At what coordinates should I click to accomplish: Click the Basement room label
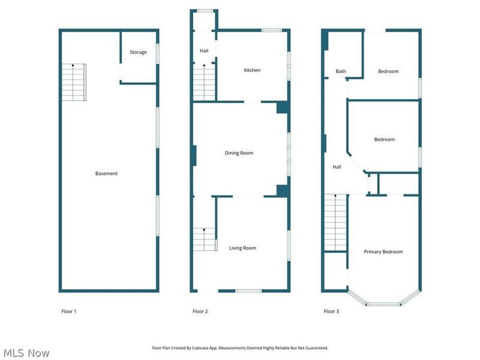[106, 173]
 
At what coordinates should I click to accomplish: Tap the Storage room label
[138, 52]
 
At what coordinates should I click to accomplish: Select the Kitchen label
[252, 70]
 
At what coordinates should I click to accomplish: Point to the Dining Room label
[239, 153]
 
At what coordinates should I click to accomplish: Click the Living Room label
[242, 248]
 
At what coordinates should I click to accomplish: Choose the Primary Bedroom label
[383, 251]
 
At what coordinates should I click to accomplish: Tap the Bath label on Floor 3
[341, 71]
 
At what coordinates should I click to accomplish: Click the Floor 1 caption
[69, 311]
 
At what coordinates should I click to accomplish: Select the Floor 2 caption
[200, 311]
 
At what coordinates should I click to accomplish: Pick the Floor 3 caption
[331, 311]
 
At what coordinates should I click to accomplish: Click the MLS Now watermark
[26, 353]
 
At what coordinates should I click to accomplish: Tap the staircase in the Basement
[74, 82]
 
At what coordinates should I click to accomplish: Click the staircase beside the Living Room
[205, 239]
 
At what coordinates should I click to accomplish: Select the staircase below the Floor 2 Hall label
[204, 83]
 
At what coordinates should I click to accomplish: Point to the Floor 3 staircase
[335, 223]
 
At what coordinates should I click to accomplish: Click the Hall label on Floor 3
[337, 167]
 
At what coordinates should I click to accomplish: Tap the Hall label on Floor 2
[204, 50]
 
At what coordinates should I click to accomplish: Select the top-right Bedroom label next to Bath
[388, 71]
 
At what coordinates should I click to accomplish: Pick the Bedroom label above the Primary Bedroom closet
[385, 139]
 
